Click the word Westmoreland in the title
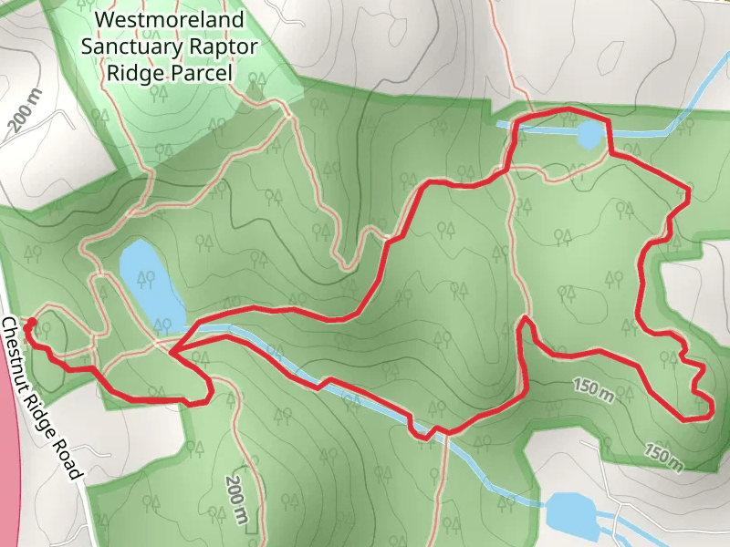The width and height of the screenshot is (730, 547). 170,18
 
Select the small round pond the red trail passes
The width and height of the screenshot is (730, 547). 589,136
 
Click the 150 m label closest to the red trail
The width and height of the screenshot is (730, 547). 594,389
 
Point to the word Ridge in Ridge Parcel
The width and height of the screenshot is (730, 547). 140,72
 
